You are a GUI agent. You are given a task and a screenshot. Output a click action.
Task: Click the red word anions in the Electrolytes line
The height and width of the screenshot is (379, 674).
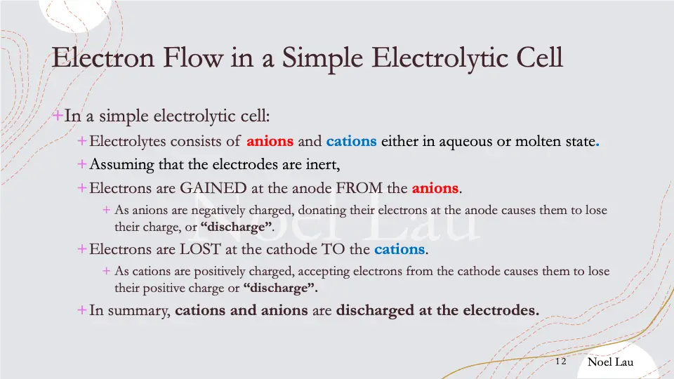270,141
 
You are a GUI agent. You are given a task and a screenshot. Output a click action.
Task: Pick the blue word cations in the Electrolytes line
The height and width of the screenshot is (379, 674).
351,141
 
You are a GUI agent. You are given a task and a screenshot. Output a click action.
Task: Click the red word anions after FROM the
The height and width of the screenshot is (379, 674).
435,188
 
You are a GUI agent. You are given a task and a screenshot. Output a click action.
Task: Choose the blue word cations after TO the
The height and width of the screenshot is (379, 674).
399,249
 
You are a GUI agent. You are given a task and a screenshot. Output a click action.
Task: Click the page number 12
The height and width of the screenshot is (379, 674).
560,361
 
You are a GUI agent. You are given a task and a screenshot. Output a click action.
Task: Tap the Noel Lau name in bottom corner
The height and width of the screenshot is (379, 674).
610,361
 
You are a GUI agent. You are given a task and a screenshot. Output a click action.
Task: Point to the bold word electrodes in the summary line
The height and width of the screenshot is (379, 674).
504,310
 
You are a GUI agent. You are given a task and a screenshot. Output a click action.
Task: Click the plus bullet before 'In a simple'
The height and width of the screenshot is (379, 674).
58,115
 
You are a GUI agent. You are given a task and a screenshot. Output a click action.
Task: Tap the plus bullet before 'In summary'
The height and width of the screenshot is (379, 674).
82,310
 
